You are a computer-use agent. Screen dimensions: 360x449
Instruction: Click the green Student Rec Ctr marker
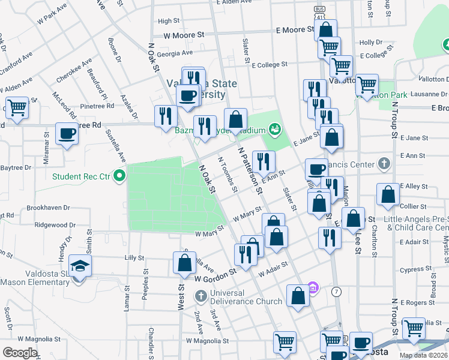pos(119,176)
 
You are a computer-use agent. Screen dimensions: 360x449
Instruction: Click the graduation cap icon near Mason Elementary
pos(79,265)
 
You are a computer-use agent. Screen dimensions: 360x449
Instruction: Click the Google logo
pos(20,352)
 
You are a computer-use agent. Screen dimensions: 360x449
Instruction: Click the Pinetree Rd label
pos(97,106)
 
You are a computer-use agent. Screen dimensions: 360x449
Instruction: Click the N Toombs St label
pos(228,175)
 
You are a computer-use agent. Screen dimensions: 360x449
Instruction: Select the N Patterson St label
pos(251,171)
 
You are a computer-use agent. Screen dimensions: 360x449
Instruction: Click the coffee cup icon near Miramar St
pos(67,133)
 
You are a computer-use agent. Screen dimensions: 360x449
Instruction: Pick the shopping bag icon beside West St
pos(185,262)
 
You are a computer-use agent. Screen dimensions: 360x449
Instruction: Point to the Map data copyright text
pos(423,355)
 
